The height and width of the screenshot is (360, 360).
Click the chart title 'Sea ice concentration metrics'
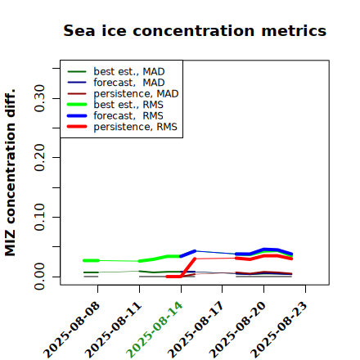coord(195,30)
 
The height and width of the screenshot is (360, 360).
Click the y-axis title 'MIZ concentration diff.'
coord(10,173)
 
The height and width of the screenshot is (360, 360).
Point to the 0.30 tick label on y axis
coord(40,98)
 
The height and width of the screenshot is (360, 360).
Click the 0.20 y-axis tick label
coord(40,158)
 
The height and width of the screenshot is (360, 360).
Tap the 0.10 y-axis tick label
coord(40,217)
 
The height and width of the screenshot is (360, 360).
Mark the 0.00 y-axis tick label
coord(40,277)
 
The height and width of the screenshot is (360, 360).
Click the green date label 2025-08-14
coord(155,330)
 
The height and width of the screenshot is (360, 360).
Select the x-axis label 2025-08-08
coord(71,330)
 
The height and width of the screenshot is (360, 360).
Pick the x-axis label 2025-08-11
coord(113,330)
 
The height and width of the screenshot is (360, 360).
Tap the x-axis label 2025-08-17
coord(196,330)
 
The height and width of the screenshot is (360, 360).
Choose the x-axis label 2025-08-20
coord(237,330)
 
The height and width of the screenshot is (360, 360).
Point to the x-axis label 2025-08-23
coord(279,330)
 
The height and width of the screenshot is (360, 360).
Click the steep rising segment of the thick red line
coord(188,268)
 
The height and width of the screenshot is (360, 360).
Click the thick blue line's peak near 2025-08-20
coord(264,249)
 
